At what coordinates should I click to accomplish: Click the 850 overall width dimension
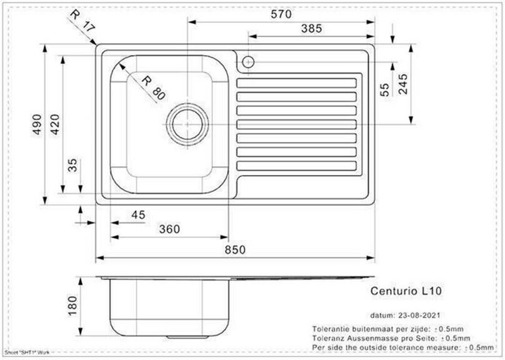[x=236, y=249]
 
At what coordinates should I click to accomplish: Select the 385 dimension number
[x=311, y=29]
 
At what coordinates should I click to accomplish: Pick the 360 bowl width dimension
[x=169, y=229]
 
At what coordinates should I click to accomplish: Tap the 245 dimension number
[x=402, y=84]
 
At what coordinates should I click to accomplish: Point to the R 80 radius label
[x=152, y=87]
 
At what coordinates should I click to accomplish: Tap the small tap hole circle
[x=247, y=62]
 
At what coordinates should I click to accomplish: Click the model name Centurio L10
[x=407, y=291]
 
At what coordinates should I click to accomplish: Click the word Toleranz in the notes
[x=330, y=337]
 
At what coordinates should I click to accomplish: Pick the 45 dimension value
[x=138, y=215]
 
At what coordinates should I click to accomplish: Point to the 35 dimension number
[x=72, y=165]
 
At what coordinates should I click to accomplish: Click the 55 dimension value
[x=384, y=90]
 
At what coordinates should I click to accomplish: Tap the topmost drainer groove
[x=298, y=82]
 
